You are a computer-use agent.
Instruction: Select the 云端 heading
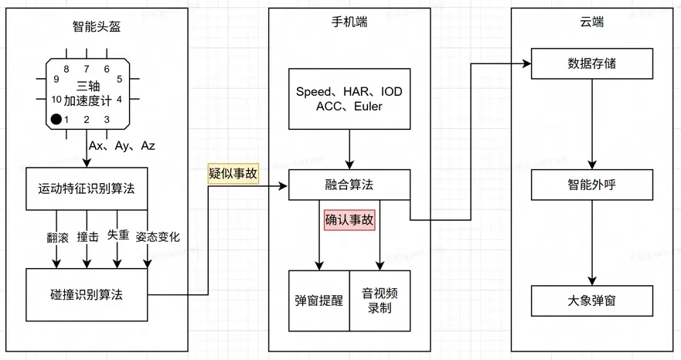[592, 22]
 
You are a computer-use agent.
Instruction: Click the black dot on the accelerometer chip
[56, 119]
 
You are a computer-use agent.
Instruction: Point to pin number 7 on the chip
[87, 69]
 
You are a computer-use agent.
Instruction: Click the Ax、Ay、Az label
[122, 145]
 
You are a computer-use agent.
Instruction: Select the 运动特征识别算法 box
[87, 188]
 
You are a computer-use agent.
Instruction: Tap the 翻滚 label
[58, 236]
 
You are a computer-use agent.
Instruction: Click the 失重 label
[117, 234]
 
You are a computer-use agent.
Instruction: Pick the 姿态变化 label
[158, 236]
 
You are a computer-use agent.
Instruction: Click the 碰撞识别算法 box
[87, 294]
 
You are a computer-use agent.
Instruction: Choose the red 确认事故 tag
[349, 219]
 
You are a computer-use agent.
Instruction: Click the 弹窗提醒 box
[319, 301]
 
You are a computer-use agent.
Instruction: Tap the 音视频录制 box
[380, 301]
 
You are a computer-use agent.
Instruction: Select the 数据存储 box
[592, 62]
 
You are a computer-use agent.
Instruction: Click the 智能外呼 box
[592, 186]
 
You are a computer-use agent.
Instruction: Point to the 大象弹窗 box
[592, 300]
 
